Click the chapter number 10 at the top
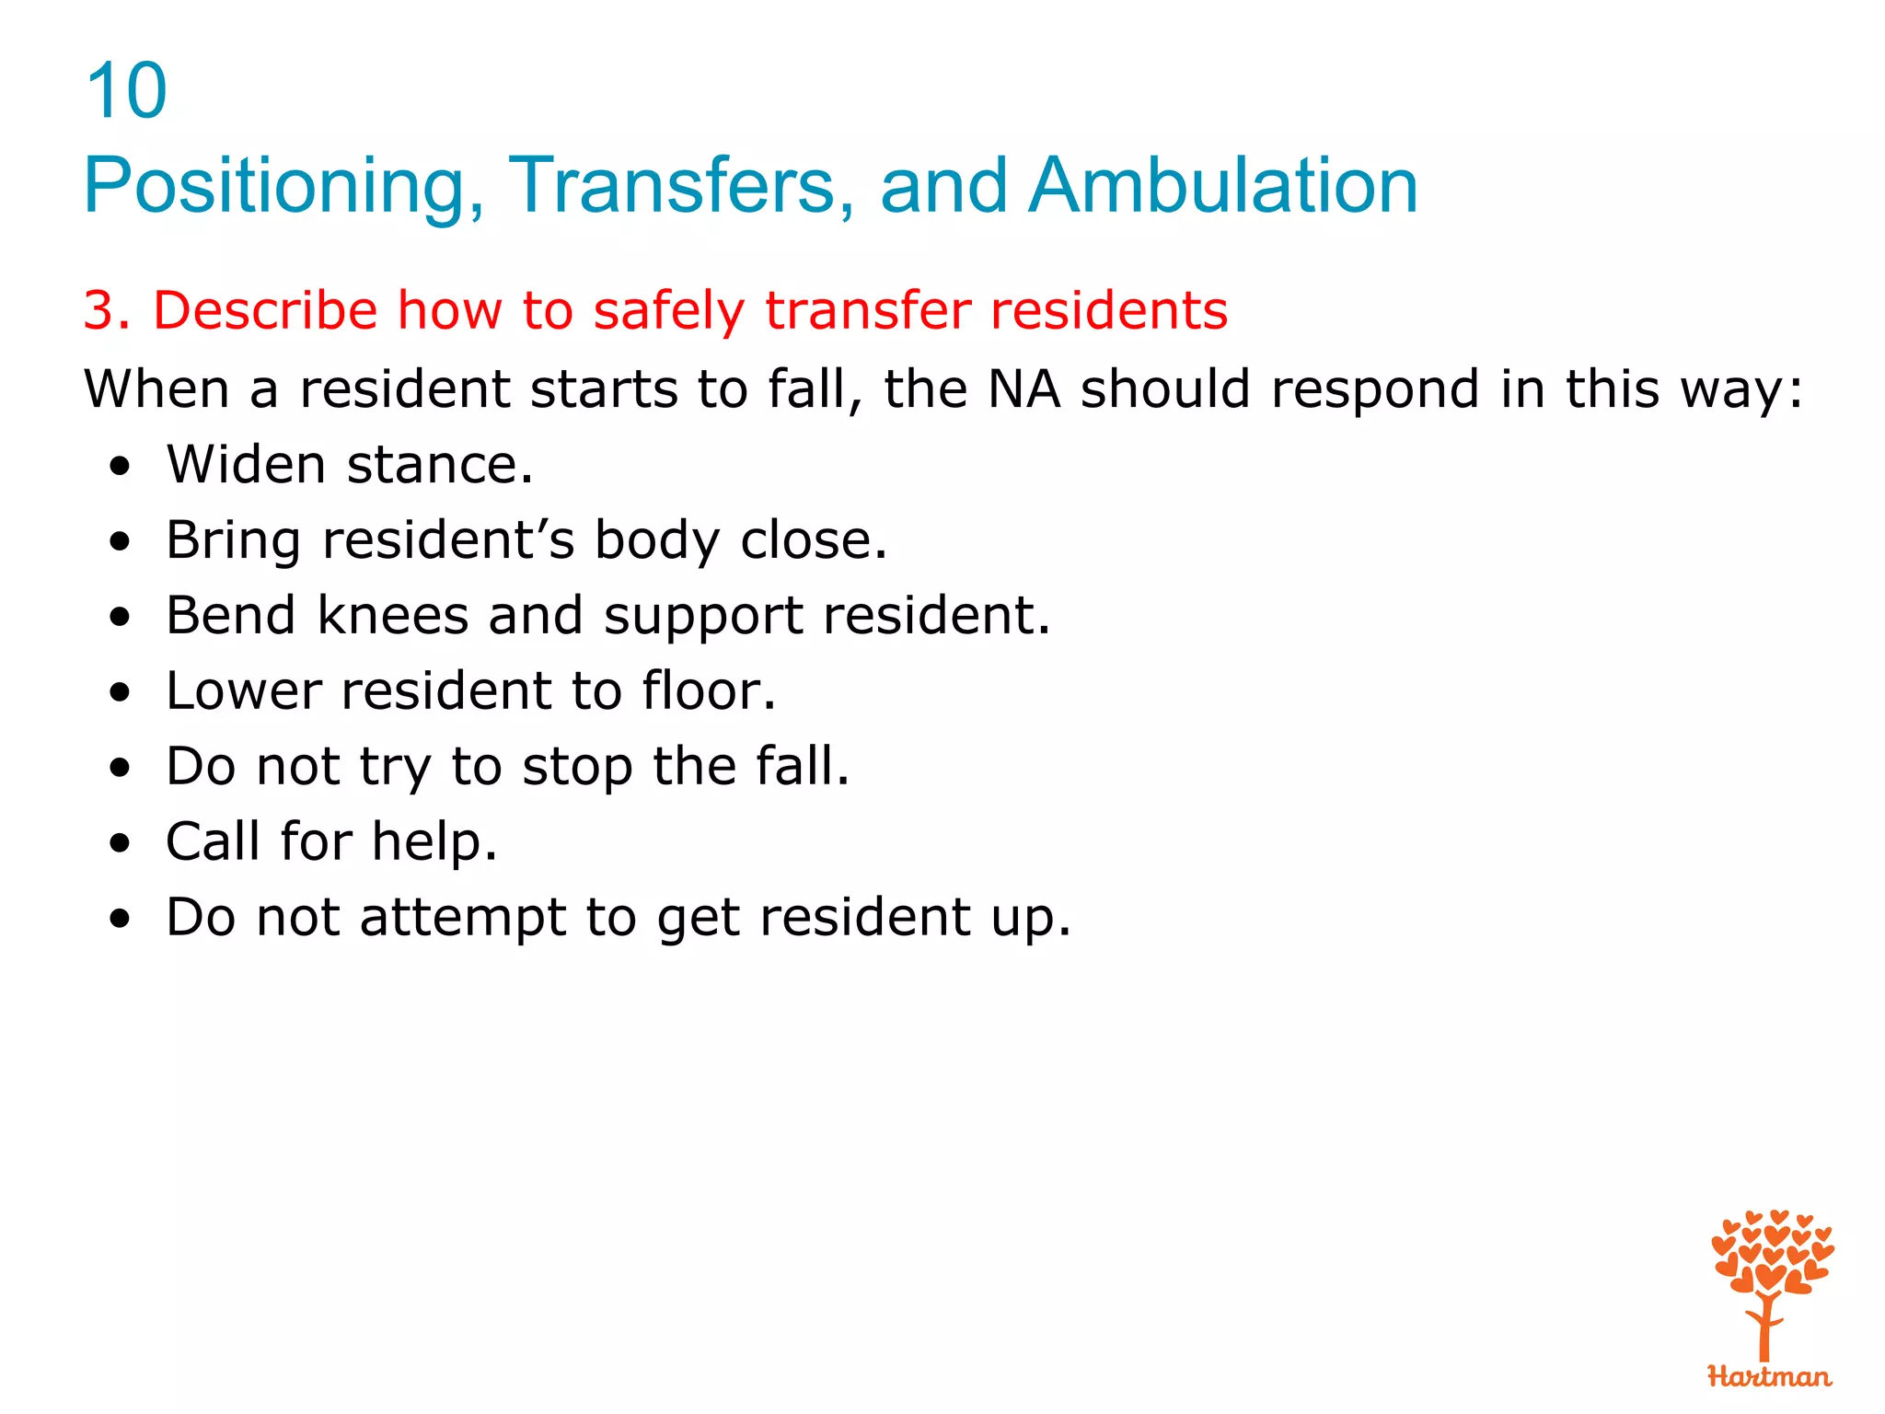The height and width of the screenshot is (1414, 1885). click(x=126, y=91)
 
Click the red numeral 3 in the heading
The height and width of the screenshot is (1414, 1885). click(x=99, y=310)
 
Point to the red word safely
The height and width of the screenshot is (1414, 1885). click(x=668, y=310)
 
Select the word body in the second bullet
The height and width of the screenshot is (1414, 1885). click(x=656, y=540)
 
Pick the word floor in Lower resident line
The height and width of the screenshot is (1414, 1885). click(x=708, y=690)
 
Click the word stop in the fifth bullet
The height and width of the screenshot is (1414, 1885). click(x=577, y=767)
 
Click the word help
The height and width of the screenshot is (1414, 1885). click(x=434, y=841)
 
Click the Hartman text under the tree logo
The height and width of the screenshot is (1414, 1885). click(x=1768, y=1377)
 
